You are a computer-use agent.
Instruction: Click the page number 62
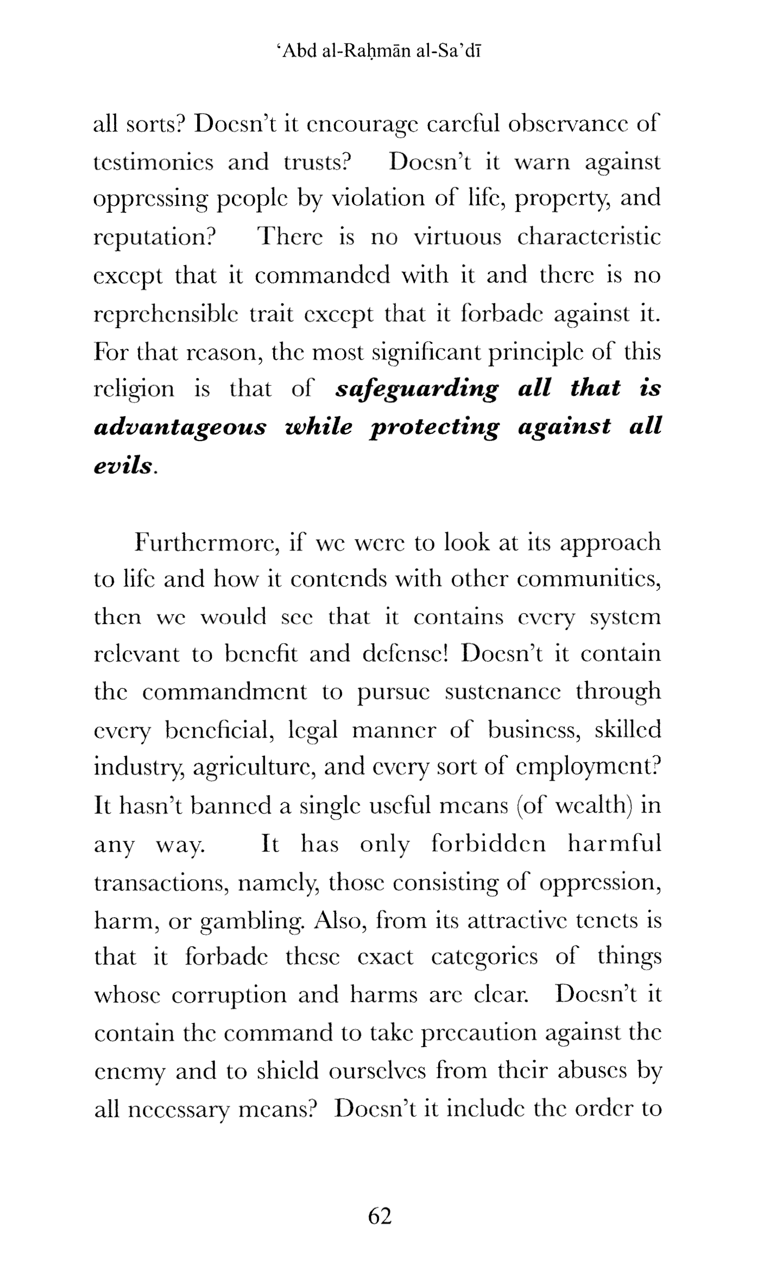point(380,1216)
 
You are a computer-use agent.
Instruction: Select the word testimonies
point(154,162)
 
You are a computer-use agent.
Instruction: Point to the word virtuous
point(457,237)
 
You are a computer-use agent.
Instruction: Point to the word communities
point(588,580)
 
